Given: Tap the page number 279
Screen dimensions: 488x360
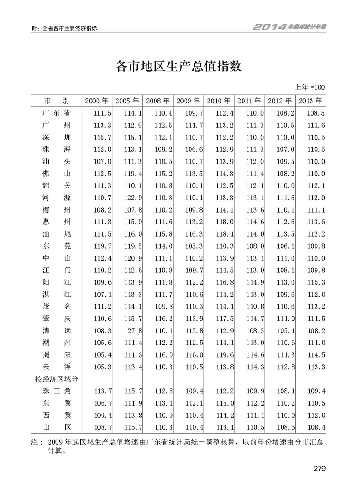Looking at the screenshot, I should [320, 469].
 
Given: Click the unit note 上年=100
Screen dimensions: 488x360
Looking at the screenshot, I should [311, 87].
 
